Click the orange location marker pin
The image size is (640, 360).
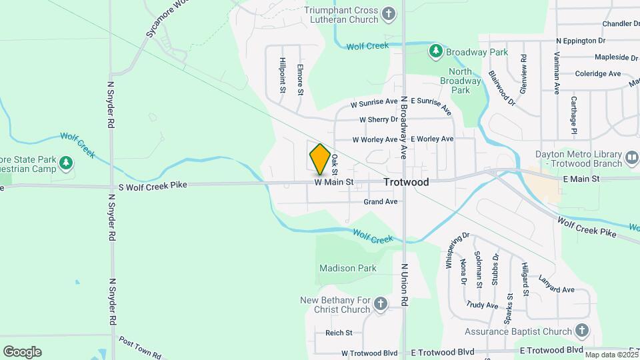320,159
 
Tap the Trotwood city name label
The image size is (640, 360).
406,182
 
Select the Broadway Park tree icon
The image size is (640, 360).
436,51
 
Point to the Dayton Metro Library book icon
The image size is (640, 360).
632,159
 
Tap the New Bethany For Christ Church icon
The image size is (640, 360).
381,305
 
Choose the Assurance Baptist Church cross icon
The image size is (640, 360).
582,331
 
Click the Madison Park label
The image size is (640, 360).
348,269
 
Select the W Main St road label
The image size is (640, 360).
333,182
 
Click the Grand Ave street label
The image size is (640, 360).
381,201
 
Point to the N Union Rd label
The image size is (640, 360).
404,285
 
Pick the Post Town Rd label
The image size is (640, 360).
140,348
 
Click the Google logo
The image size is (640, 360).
22,352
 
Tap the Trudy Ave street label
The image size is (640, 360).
482,305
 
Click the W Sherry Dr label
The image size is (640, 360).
378,120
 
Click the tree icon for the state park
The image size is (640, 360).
65,163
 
